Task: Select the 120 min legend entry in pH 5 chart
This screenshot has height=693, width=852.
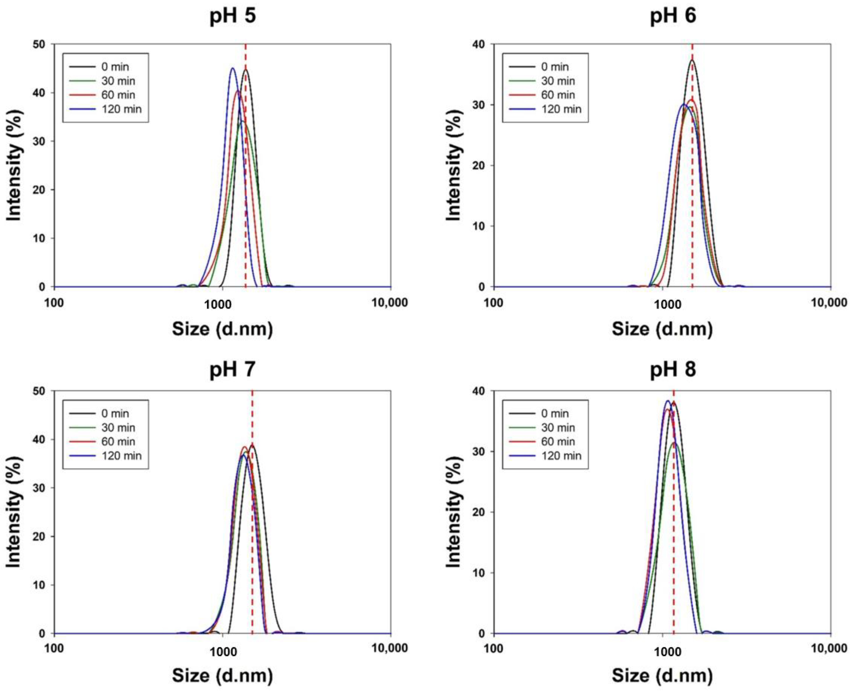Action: [x=121, y=109]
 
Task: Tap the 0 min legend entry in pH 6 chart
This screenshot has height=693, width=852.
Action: [x=555, y=67]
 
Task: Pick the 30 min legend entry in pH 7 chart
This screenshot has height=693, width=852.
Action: [x=118, y=428]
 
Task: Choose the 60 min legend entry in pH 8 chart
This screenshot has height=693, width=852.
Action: [x=558, y=441]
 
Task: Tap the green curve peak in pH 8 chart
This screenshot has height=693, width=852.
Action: [x=675, y=443]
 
